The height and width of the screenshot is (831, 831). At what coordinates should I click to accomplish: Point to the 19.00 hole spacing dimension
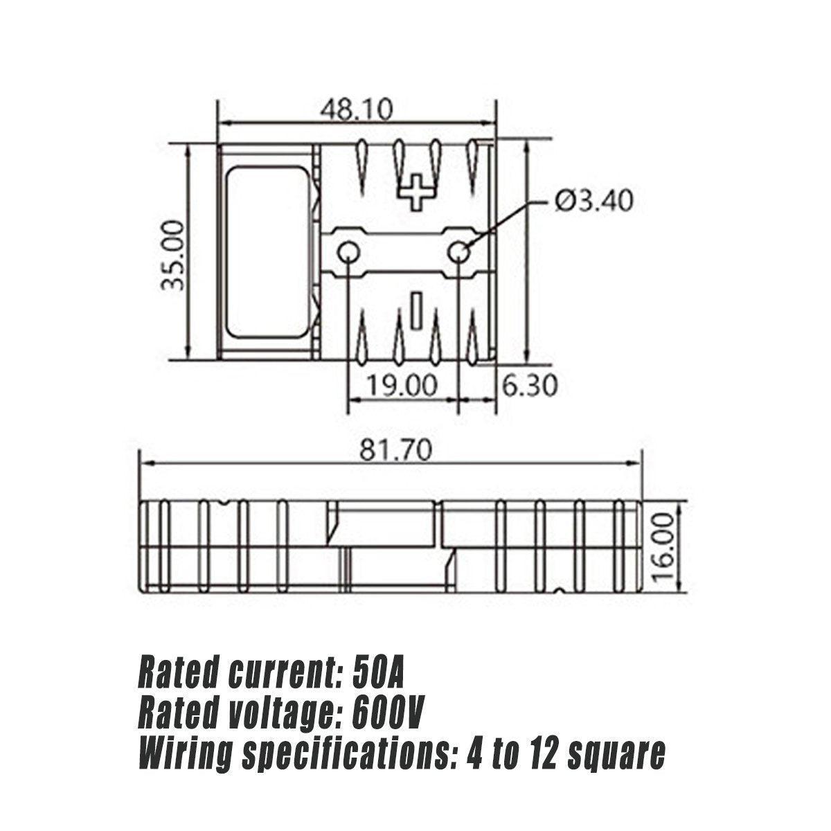(x=403, y=386)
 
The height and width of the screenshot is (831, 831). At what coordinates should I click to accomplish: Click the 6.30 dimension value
(x=529, y=386)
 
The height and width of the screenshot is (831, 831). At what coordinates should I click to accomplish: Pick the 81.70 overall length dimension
(x=395, y=451)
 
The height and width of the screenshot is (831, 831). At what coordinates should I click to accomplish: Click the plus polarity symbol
(x=416, y=192)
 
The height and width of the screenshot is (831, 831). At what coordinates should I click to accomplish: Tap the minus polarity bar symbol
(x=416, y=309)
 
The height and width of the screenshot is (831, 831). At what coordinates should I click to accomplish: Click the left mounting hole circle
(x=348, y=254)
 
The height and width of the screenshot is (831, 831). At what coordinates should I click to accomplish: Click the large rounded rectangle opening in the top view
(x=268, y=252)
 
